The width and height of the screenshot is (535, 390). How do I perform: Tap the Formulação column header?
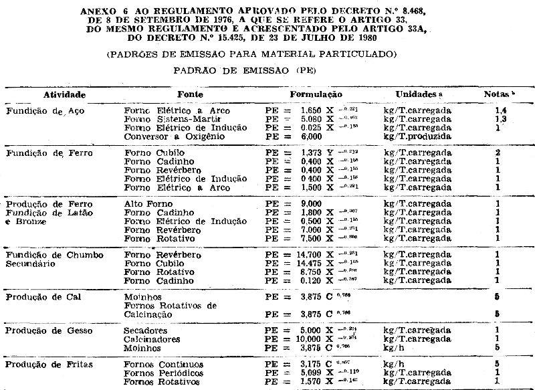click(316, 94)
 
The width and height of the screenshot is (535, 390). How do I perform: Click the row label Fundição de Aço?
click(39, 111)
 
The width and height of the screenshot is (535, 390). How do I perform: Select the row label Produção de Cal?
click(41, 296)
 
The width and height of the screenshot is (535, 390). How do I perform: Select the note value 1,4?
click(498, 110)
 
